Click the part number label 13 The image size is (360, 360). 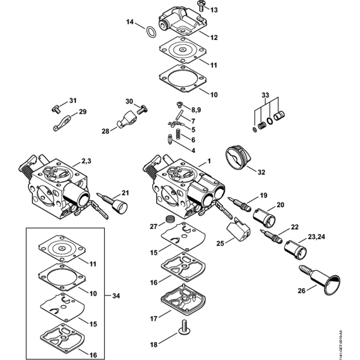click(x=214, y=10)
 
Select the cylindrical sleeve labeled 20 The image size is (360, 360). click(x=265, y=218)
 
